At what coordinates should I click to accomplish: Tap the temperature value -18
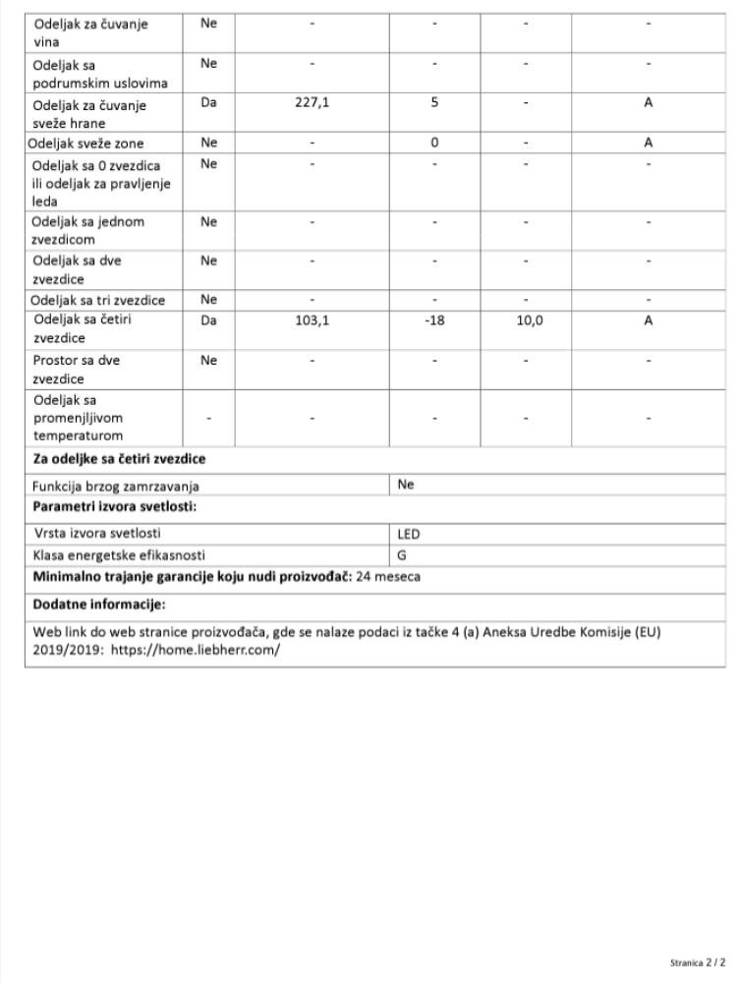coord(433,319)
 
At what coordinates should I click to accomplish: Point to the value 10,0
coord(531,319)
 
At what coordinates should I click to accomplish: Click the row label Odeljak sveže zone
coord(86,143)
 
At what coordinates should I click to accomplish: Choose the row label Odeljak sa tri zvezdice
coord(98,300)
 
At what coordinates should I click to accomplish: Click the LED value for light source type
coord(409,534)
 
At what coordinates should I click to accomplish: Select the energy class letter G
coord(402,555)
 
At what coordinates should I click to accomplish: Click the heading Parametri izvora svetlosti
coord(115,506)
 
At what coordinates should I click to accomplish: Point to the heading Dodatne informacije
coord(99,604)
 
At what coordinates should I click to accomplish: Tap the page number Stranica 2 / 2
coord(699,962)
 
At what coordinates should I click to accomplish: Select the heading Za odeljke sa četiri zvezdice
coord(119,459)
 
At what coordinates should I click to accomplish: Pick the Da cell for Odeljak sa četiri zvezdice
coord(208,319)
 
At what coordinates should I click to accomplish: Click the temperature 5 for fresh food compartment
coord(433,102)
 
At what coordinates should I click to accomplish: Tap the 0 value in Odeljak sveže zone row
coord(433,143)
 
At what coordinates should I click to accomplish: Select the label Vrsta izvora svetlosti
coord(97,534)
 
